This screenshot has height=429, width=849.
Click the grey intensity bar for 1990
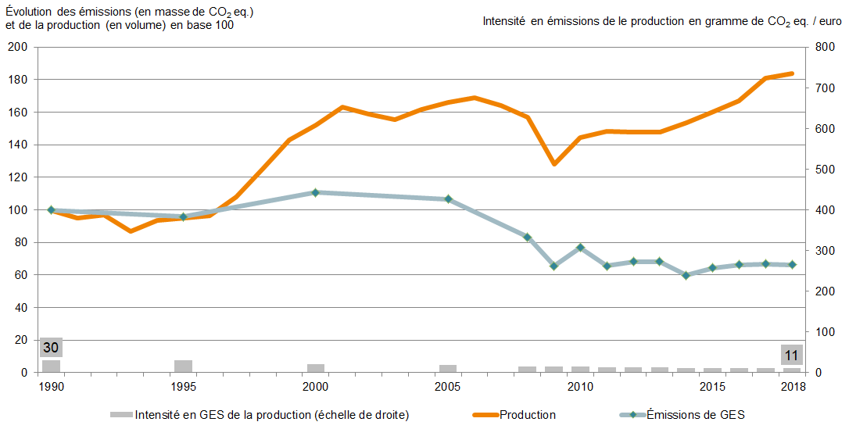point(52,366)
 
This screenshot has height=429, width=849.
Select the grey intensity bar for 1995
point(184,366)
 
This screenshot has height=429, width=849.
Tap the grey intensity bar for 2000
point(316,368)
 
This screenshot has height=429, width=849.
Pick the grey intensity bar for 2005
point(448,368)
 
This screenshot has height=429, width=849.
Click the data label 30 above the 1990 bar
point(51,348)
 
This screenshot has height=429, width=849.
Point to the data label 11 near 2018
point(792,356)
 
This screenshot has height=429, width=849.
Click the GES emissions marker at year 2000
point(316,192)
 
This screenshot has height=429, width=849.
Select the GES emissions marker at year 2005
point(448,199)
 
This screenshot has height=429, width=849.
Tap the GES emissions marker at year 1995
point(184,216)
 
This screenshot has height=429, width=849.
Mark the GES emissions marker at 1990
point(52,209)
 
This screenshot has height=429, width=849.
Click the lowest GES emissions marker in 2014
point(686,275)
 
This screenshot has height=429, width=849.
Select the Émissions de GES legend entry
point(695,415)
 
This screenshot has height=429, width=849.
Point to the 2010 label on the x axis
point(580,387)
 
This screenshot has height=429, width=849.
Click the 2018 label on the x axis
point(793,387)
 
